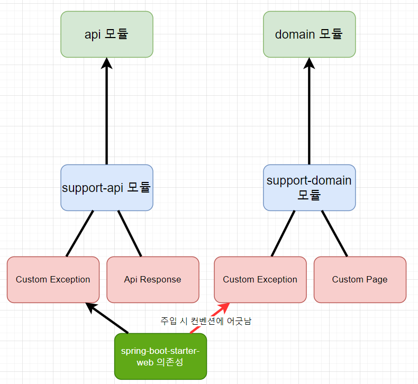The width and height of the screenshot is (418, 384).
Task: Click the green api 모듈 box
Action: (107, 34)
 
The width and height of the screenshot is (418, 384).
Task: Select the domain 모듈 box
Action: (309, 34)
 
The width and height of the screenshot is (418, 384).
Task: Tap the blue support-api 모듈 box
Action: (107, 188)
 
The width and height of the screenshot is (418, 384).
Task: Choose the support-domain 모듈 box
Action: (309, 188)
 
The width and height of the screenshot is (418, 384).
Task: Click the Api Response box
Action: (153, 280)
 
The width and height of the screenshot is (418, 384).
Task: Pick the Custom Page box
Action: (360, 280)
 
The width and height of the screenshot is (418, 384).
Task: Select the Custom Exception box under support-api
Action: (53, 280)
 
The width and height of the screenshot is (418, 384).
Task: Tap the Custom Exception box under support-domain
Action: (260, 280)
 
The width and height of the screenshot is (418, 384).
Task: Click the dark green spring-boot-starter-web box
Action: (160, 356)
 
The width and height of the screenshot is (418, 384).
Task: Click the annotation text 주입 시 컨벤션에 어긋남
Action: (206, 321)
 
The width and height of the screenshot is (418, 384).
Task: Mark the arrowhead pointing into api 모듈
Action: (107, 63)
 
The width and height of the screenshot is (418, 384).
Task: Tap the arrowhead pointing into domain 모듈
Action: (309, 63)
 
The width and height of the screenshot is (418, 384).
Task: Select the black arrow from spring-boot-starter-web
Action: (107, 318)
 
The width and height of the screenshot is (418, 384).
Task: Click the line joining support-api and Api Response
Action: (130, 234)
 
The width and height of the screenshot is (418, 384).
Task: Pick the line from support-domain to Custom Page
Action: (334, 234)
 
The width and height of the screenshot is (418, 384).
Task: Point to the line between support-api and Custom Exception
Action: (80, 234)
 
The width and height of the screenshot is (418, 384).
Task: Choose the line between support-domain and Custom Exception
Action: (283, 234)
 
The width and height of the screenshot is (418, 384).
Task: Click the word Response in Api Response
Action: (160, 280)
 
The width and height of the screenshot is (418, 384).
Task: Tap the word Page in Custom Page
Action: (377, 280)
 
